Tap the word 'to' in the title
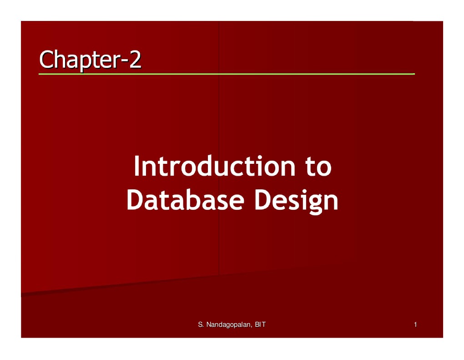[318, 167]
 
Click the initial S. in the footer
[201, 325]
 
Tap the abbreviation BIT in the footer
[261, 325]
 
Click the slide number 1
[415, 325]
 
